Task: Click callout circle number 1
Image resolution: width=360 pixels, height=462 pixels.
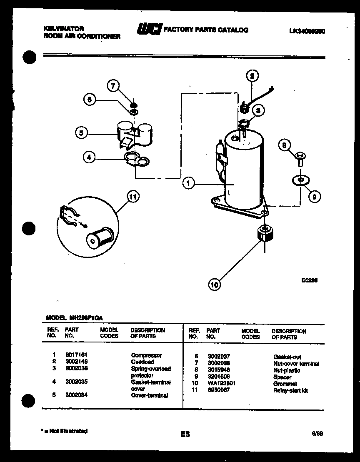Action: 188,183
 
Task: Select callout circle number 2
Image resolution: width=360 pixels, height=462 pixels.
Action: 252,76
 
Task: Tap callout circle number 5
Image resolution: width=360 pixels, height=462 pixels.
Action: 82,133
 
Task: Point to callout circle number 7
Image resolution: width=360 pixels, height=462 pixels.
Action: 112,86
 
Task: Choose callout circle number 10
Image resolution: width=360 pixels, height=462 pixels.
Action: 214,285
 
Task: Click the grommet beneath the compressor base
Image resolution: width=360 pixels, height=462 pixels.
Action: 264,233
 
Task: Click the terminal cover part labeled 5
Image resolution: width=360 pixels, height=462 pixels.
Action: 133,133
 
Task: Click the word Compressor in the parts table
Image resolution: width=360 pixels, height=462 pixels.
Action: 146,355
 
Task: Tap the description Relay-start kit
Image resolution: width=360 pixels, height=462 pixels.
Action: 290,390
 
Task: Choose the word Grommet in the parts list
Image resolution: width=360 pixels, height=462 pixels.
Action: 285,384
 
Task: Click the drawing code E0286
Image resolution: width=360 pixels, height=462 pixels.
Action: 309,280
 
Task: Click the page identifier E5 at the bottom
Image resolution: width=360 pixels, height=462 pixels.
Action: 185,434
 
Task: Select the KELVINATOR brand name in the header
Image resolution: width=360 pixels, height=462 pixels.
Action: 64,29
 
